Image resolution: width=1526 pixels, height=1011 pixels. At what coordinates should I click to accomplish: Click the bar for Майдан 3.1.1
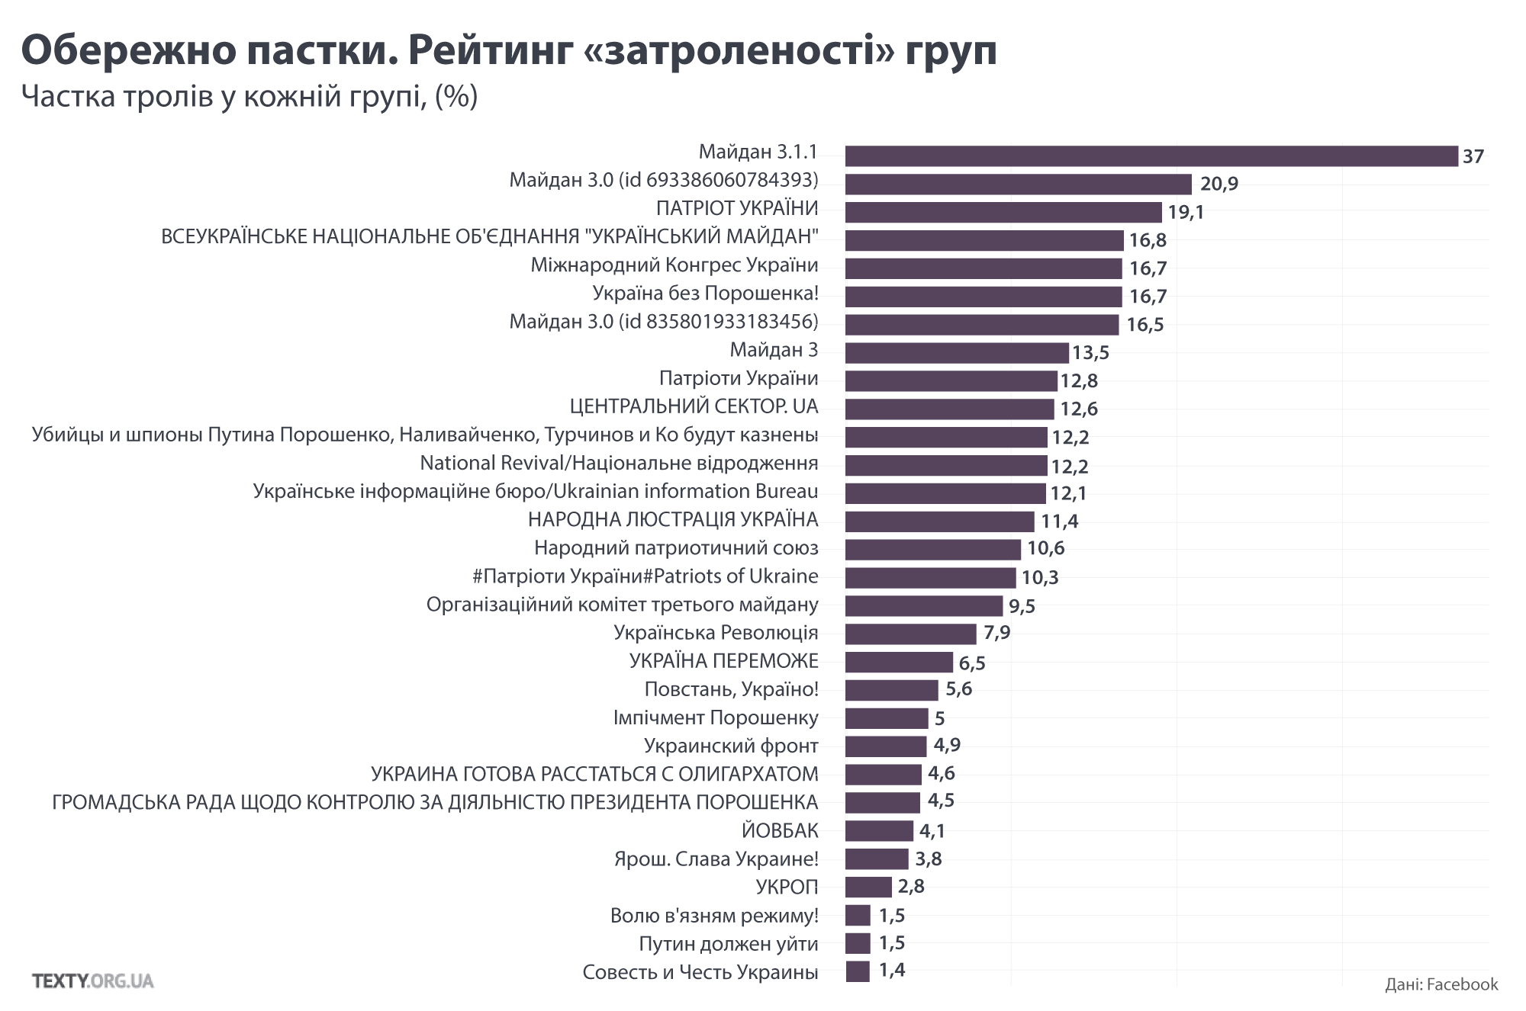click(1151, 156)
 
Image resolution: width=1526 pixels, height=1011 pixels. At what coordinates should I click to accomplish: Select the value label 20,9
click(1219, 185)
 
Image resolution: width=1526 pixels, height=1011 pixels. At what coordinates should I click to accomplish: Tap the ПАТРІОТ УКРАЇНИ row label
click(737, 208)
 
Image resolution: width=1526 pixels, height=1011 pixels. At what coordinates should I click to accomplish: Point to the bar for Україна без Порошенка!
click(983, 297)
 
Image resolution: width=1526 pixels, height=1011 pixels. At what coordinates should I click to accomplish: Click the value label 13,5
click(1090, 353)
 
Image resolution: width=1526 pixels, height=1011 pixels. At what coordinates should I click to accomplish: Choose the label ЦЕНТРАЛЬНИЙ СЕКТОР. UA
click(694, 406)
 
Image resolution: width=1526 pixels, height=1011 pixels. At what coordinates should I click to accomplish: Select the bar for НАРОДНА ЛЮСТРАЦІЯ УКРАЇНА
click(939, 522)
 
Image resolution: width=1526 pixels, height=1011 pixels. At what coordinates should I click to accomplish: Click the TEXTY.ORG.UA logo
click(93, 981)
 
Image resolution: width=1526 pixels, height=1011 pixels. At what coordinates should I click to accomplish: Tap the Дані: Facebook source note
click(1441, 984)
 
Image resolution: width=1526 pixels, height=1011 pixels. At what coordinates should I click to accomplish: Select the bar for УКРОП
click(868, 887)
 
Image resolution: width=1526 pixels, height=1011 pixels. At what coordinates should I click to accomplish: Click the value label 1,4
click(892, 971)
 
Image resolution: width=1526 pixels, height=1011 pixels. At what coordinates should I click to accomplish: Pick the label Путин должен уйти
click(728, 944)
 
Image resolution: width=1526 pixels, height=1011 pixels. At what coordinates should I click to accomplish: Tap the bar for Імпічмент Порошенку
click(887, 718)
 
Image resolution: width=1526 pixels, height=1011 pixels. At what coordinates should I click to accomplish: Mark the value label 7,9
click(996, 633)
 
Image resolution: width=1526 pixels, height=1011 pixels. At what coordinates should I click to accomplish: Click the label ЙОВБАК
click(780, 830)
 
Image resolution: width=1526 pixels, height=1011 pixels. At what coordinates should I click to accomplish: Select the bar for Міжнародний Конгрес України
click(983, 268)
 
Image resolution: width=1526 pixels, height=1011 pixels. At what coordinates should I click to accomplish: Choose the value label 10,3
click(1040, 578)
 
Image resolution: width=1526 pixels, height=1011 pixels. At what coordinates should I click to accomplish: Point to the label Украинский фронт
click(730, 746)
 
